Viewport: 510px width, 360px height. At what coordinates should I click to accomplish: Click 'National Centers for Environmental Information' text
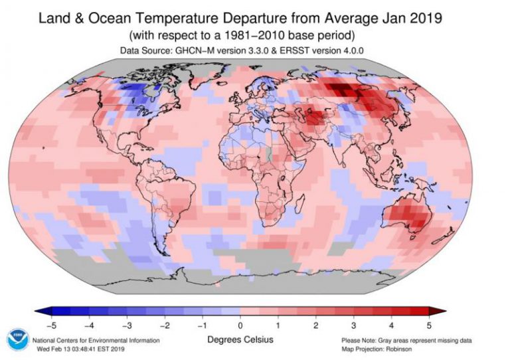96,340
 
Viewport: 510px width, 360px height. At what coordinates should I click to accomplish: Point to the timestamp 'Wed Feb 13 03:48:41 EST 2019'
82,348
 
